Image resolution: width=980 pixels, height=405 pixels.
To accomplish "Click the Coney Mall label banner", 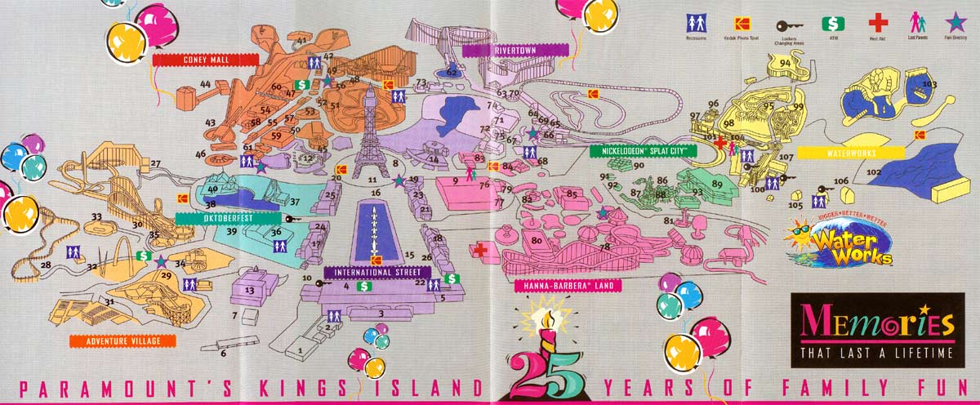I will (204, 60).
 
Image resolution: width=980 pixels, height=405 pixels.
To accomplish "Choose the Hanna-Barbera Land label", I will (563, 285).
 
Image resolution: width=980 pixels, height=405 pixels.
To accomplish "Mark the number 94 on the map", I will (785, 63).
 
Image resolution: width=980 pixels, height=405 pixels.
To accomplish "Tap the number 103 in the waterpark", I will (929, 84).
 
